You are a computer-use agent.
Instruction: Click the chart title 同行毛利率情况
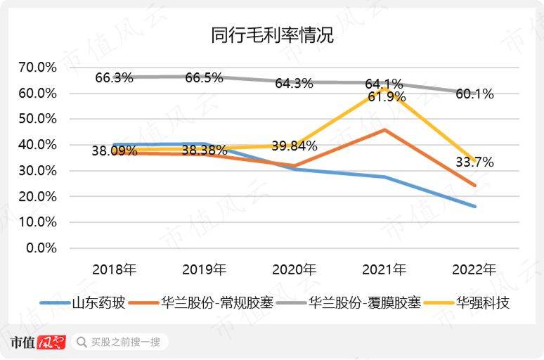[272, 36]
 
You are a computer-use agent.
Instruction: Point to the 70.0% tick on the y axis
[37, 67]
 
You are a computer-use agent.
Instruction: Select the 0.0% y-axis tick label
[40, 248]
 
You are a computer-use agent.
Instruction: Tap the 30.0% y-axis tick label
[37, 171]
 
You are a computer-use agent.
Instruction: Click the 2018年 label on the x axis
[114, 269]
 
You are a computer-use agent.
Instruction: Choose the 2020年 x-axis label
[294, 269]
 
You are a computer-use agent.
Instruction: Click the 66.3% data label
[114, 78]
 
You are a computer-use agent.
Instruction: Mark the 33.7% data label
[474, 162]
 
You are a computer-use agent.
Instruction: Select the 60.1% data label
[474, 94]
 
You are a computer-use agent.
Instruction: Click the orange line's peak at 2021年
[384, 129]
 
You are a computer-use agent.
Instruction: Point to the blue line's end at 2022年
[475, 207]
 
